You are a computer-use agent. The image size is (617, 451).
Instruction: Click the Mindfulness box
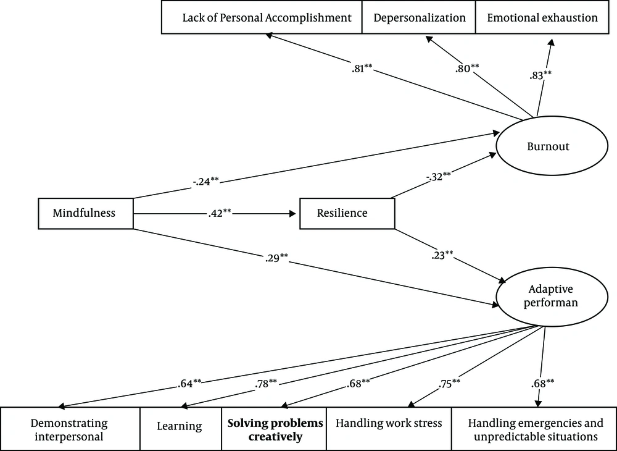[86, 214]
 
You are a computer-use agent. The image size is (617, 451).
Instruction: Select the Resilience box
[347, 214]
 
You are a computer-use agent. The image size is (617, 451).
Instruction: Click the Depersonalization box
[419, 17]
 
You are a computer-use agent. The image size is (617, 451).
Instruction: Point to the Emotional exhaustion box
[542, 17]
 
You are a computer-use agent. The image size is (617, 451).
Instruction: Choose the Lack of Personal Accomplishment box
[262, 17]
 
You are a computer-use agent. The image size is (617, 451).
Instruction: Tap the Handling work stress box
[389, 429]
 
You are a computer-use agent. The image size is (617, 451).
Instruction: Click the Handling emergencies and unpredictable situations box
[534, 429]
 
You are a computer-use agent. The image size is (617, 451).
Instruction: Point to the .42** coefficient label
[220, 213]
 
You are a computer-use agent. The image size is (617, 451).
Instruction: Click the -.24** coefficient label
[206, 182]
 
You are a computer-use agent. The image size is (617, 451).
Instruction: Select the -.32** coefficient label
[438, 176]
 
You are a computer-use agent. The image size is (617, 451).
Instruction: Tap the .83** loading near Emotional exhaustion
[540, 74]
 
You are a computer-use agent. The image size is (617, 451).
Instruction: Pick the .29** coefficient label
[276, 258]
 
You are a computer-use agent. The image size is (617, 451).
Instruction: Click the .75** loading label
[449, 383]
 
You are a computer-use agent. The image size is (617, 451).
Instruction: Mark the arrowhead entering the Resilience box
[292, 214]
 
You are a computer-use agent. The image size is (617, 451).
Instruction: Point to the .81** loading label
[362, 69]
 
